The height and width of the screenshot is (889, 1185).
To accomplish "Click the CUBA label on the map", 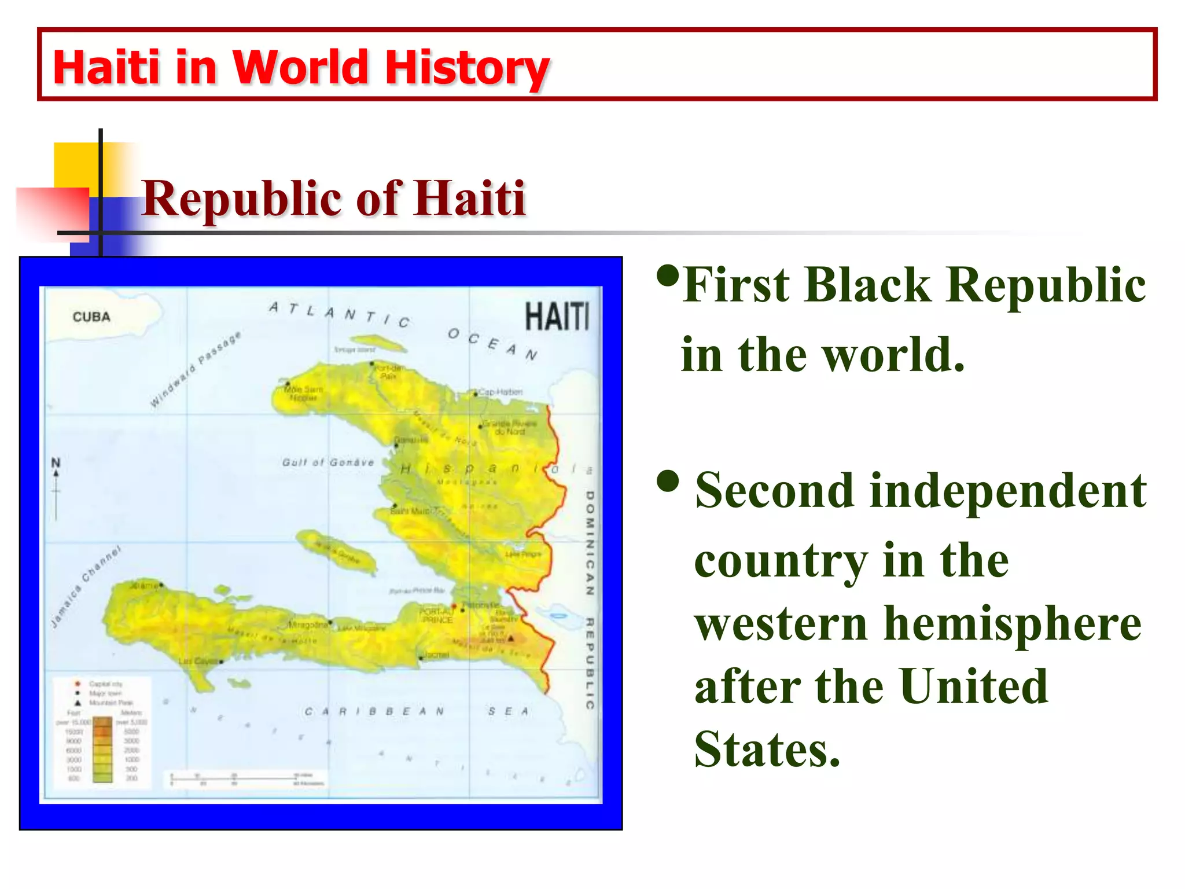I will [91, 317].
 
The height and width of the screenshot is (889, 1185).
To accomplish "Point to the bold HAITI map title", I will [557, 317].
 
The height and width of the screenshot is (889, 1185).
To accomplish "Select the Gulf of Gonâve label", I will [328, 462].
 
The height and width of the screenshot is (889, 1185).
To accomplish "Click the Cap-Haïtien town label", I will [501, 392].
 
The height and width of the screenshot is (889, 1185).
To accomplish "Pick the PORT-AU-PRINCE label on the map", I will [437, 615].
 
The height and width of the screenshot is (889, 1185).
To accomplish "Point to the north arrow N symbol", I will [56, 464].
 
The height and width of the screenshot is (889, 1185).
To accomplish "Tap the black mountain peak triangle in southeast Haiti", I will [511, 638].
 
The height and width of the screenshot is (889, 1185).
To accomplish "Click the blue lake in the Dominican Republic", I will [556, 614].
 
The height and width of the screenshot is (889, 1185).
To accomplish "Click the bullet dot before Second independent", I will [668, 481].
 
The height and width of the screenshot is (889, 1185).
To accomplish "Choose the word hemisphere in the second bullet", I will [1013, 623].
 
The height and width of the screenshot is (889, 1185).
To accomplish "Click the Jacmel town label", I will [437, 655].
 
